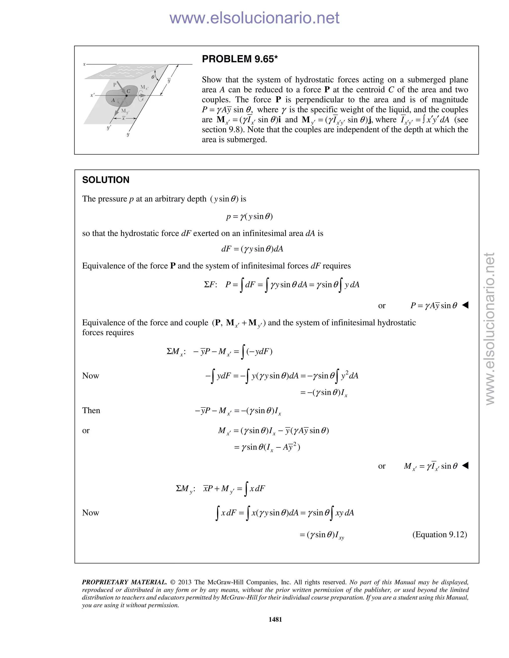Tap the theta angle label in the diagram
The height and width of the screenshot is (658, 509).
coord(153,77)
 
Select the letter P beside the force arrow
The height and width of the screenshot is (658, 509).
coord(115,85)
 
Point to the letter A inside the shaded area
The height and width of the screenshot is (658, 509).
coord(113,100)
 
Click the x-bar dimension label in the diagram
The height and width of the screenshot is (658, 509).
coord(123,118)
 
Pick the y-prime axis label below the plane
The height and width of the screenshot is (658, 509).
coord(109,127)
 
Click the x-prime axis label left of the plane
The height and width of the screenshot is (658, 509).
coord(92,95)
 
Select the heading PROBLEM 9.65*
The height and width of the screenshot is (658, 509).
coord(240,59)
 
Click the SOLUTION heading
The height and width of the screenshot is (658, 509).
coord(106,180)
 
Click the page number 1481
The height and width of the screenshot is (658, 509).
coord(275,620)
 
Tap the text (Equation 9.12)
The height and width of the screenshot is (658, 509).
coord(440,535)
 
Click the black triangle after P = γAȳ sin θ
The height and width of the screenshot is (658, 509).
coord(465,305)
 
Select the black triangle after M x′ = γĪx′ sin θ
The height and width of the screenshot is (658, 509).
coord(465,466)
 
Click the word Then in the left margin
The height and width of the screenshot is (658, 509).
coord(91,410)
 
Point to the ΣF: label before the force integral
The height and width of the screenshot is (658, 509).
coord(211,284)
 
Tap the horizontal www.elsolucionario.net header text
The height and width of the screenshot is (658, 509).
coord(254,18)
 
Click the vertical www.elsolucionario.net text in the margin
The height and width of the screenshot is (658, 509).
coord(490,329)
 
